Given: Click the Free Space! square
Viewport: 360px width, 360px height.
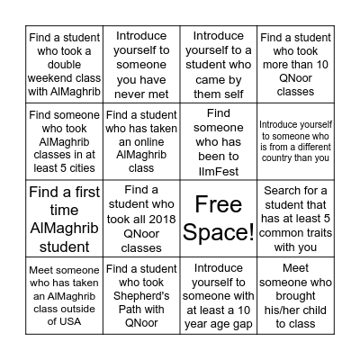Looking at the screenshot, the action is (x=219, y=219).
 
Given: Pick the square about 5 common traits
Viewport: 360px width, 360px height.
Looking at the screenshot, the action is (x=296, y=219).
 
